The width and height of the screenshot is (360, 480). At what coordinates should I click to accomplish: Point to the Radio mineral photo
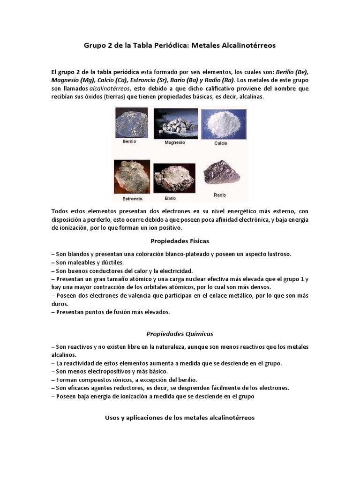pyautogui.click(x=220, y=173)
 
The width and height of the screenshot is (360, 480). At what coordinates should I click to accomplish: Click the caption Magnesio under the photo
pyautogui.click(x=175, y=142)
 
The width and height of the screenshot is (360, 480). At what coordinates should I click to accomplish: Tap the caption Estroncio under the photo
pyautogui.click(x=132, y=198)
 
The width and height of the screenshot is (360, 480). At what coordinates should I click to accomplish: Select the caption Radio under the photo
pyautogui.click(x=220, y=194)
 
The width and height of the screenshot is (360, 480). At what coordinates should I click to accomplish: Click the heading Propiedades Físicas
pyautogui.click(x=180, y=241)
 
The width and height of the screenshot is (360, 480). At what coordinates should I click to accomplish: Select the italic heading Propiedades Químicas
pyautogui.click(x=180, y=334)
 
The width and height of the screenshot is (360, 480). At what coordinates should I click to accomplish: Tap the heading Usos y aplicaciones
pyautogui.click(x=180, y=417)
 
